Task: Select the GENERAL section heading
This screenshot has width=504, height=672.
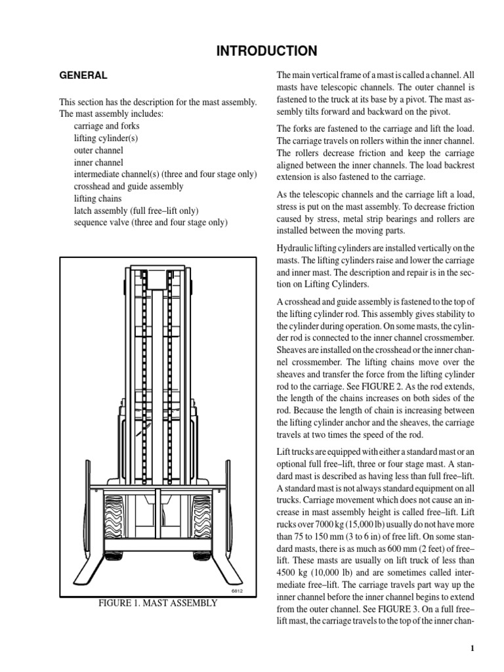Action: [83, 75]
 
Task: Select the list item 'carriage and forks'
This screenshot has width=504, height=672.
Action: [106, 126]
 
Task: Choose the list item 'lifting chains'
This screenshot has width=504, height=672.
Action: [98, 198]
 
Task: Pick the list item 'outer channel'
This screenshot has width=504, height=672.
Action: [98, 150]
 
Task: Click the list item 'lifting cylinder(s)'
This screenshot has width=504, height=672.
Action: [106, 138]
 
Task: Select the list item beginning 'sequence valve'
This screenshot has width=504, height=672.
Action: [150, 222]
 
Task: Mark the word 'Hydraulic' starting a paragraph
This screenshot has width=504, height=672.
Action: [297, 248]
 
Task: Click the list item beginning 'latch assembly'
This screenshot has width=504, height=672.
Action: [136, 210]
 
